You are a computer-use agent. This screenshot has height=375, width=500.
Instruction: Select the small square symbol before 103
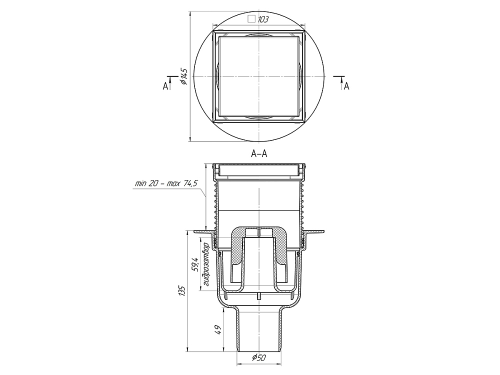[251, 19]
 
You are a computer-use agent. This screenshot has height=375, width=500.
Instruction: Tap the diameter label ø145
[184, 76]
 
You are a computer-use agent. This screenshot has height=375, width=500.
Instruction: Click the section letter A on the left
[165, 86]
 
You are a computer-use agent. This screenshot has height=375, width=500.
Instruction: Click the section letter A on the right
[346, 86]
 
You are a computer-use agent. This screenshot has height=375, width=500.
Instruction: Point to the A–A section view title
[259, 154]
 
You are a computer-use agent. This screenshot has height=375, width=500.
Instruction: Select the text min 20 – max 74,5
[166, 183]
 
